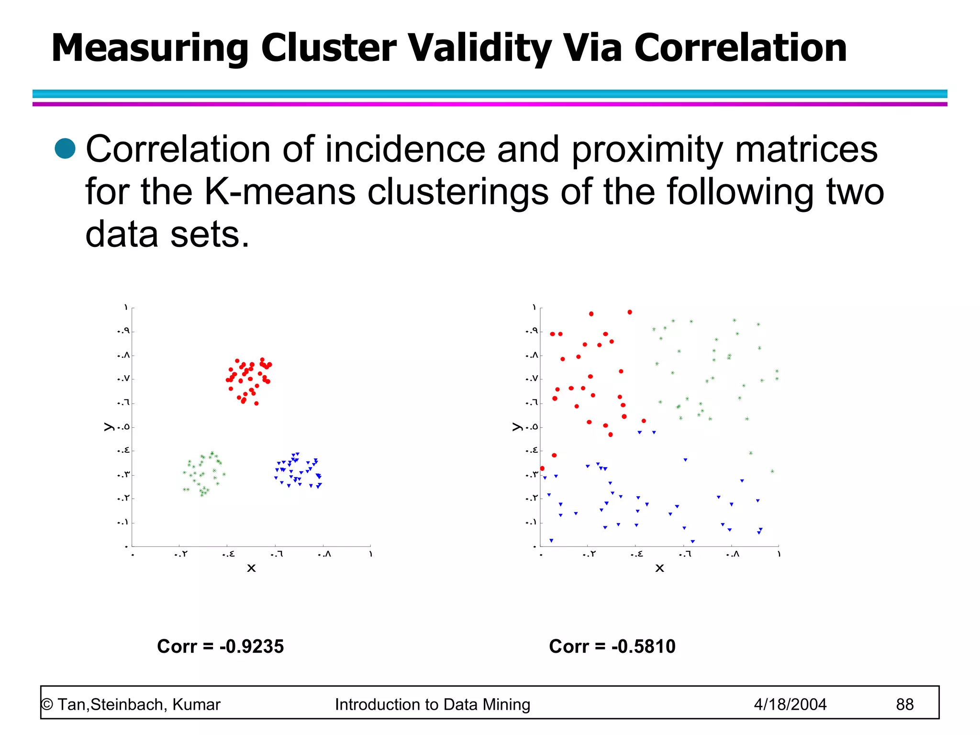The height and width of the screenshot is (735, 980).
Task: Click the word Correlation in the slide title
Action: tap(740, 48)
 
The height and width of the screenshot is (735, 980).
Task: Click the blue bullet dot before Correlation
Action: tap(65, 148)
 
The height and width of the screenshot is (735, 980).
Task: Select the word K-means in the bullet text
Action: tap(280, 192)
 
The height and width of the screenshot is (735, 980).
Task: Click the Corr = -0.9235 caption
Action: tap(220, 646)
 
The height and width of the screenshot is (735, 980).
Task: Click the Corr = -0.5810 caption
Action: tap(612, 646)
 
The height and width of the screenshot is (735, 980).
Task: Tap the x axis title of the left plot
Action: tap(251, 568)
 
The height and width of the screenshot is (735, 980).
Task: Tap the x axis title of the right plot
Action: tap(659, 568)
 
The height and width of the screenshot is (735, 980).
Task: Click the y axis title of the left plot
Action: tap(108, 427)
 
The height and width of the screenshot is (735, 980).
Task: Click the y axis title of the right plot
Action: tap(516, 427)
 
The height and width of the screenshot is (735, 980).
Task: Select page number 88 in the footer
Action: tap(904, 704)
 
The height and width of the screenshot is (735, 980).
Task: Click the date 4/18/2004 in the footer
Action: tap(790, 704)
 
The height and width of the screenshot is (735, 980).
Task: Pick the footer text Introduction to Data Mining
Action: tap(433, 704)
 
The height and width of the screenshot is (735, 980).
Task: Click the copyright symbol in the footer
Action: tap(47, 705)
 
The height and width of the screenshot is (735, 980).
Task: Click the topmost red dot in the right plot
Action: tap(630, 312)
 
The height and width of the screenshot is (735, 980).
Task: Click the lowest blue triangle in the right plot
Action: tap(692, 542)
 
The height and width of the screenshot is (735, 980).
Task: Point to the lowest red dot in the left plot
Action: tap(256, 403)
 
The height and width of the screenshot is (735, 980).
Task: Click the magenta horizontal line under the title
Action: tap(490, 104)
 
